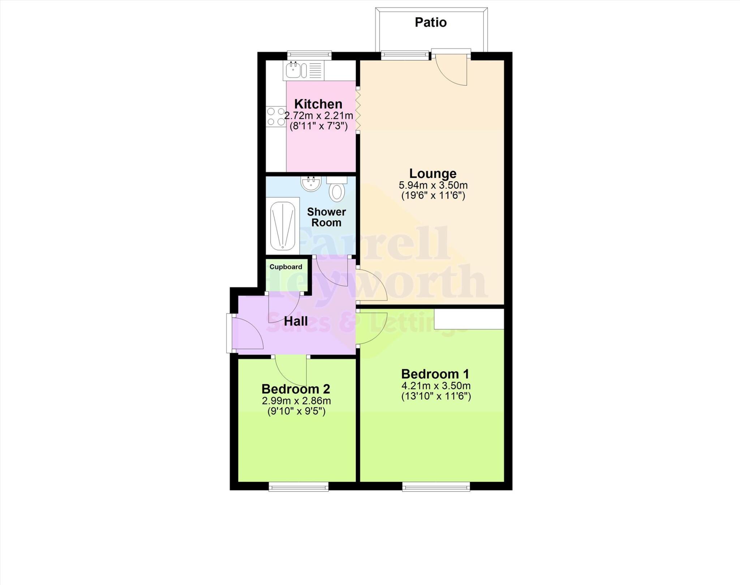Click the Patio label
pos(430,22)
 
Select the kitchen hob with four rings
pos(276,117)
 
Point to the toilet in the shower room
pos(336,190)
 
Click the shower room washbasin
pos(310,184)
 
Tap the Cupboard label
pos(286,267)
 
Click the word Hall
pos(296,321)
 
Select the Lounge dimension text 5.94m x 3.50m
pos(433,186)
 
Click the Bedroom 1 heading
pos(435,374)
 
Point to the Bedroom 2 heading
pos(296,389)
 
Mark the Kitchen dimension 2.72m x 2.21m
pos(318,116)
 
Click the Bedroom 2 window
pos(298,488)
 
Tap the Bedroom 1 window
pos(436,488)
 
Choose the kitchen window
pos(309,55)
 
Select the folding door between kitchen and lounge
pos(358,110)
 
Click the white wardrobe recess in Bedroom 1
pos(469,319)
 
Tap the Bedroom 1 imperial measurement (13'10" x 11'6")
pos(436,396)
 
